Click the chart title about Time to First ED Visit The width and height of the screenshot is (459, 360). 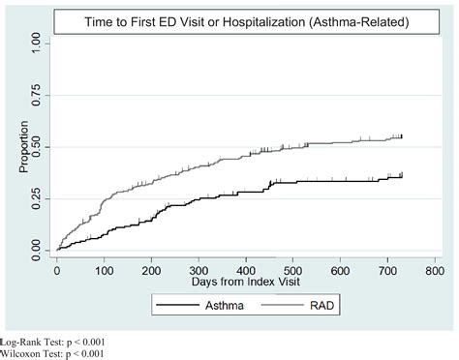coord(245,19)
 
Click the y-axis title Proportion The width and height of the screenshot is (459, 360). coord(24,146)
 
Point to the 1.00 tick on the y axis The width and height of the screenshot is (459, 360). coord(37,42)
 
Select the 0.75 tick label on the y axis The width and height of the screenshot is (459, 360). coord(37,94)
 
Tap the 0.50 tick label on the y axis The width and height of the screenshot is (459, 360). coord(37,146)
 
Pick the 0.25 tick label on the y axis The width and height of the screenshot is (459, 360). coord(37,198)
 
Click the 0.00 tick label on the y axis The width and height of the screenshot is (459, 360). coord(37,251)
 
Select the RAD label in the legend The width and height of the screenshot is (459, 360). coord(328,307)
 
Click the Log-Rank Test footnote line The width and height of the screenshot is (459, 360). coord(53,343)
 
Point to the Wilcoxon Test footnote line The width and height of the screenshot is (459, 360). coord(53,353)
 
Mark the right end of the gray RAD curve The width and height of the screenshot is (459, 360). coord(401,136)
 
